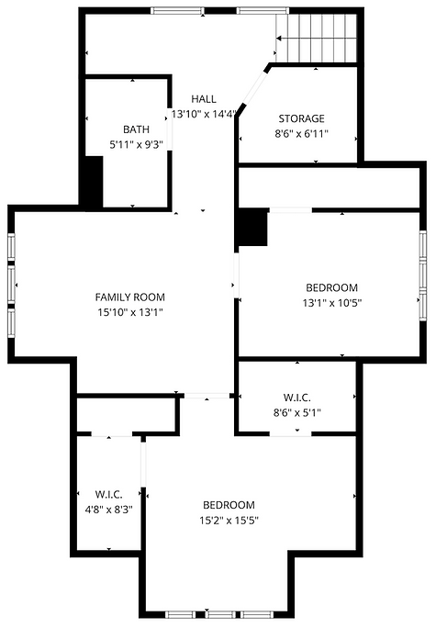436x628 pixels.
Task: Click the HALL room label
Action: (204, 99)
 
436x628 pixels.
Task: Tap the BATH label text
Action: (136, 129)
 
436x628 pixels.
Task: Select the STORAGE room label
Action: (301, 118)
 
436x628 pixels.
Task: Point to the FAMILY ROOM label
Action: (130, 297)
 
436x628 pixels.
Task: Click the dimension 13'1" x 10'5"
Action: (332, 303)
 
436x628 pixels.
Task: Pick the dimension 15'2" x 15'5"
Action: (229, 521)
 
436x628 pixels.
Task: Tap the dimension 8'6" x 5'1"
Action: (297, 412)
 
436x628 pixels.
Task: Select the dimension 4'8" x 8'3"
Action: (108, 510)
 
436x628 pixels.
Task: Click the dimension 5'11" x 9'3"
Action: (136, 144)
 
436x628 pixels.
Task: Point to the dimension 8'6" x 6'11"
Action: (301, 134)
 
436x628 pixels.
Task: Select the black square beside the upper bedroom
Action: (251, 227)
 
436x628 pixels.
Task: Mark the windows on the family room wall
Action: (11, 286)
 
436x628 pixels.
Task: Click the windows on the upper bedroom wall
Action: (423, 275)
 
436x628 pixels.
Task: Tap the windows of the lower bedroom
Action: (219, 615)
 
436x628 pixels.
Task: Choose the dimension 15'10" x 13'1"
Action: (130, 312)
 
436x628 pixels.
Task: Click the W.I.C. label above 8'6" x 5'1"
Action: (297, 398)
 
